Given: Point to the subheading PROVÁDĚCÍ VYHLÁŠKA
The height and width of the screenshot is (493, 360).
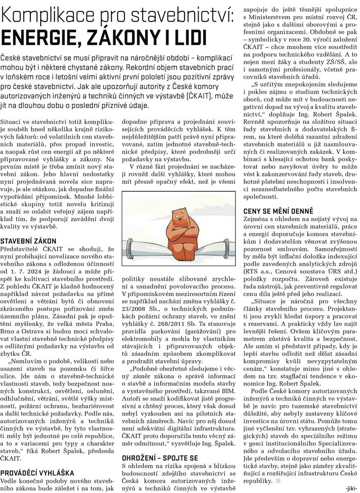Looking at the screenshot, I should tap(37, 473).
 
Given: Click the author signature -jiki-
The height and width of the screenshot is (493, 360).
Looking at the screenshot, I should tap(351, 488).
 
